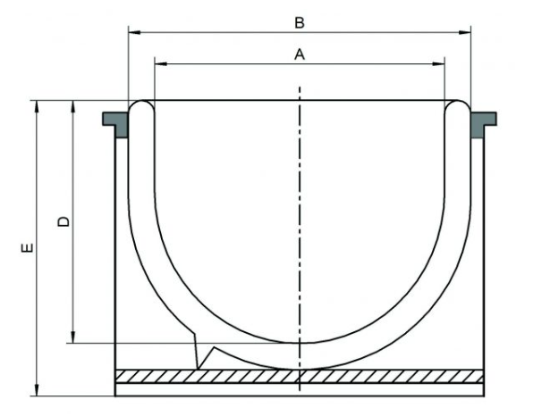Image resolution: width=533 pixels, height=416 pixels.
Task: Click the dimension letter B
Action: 299,23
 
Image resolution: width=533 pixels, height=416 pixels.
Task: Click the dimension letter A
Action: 300,54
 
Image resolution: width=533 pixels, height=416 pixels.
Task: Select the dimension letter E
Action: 28,247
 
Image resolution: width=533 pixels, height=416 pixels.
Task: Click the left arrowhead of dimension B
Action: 135,32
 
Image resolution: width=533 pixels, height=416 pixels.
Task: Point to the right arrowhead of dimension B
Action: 464,32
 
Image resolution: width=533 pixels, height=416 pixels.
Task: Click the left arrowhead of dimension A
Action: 161,63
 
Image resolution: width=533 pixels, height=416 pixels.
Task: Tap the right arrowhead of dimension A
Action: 438,63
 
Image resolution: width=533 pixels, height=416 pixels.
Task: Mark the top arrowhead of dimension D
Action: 72,106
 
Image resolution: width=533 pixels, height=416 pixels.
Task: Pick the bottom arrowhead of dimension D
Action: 72,337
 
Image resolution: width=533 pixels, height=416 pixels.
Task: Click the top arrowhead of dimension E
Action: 37,106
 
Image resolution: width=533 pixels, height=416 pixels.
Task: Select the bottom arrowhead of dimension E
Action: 37,390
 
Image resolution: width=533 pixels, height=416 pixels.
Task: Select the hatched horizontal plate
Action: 300,377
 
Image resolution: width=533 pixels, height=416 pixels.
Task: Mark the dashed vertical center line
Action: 300,238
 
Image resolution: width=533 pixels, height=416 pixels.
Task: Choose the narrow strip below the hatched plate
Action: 300,389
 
